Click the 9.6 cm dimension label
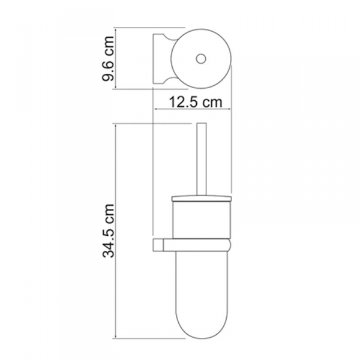click(x=108, y=59)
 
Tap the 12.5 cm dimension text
click(x=196, y=102)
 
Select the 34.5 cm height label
click(x=108, y=231)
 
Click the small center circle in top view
click(x=201, y=59)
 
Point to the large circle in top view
click(x=201, y=29)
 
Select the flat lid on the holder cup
click(x=202, y=199)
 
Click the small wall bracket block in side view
click(x=158, y=245)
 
